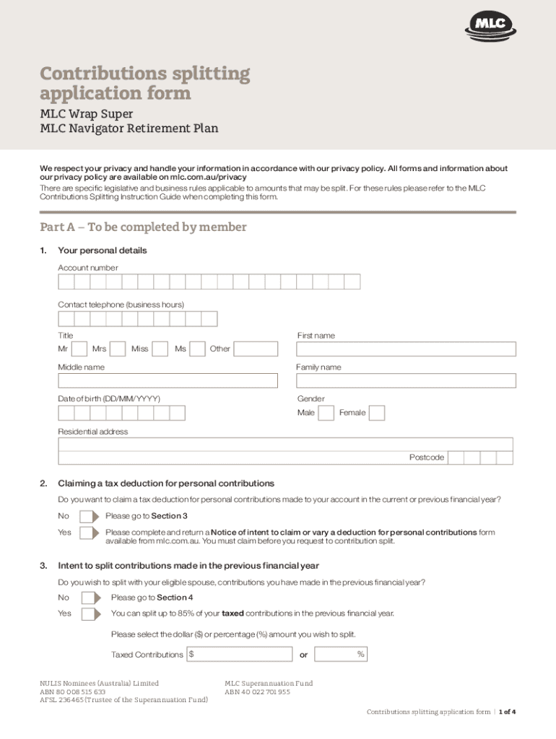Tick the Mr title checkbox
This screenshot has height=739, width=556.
click(x=80, y=349)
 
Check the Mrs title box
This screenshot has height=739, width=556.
click(x=118, y=349)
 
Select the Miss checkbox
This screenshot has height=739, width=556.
click(x=160, y=349)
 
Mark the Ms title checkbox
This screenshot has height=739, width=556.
click(x=197, y=349)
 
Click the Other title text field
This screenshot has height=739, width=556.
click(x=256, y=349)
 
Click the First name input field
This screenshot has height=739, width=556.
click(x=406, y=349)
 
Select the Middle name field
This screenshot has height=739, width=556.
click(x=168, y=381)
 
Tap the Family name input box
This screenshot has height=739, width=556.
click(x=406, y=381)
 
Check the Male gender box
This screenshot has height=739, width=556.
click(x=326, y=413)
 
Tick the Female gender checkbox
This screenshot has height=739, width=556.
click(x=377, y=413)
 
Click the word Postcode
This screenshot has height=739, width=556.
click(x=426, y=458)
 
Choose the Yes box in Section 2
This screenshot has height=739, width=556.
click(x=87, y=533)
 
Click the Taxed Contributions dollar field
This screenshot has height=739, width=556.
click(x=239, y=655)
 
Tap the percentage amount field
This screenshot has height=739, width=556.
click(x=342, y=655)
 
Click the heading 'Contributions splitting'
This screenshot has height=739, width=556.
click(x=145, y=74)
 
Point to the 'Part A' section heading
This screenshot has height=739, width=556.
click(x=143, y=227)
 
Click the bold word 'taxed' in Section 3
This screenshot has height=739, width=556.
click(x=233, y=613)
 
